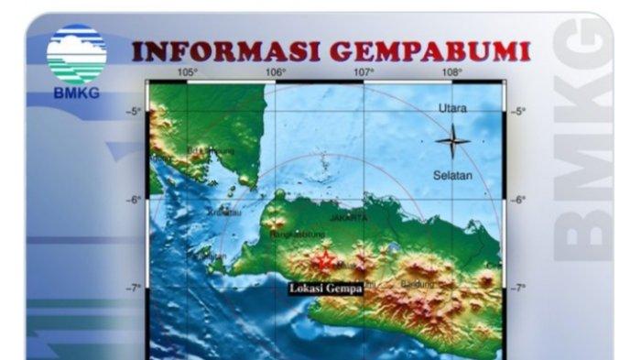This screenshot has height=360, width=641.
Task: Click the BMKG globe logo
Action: pos(76,55)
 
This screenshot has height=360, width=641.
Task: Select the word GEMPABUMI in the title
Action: pos(436,51)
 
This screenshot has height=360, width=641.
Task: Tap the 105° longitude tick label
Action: pos(188,72)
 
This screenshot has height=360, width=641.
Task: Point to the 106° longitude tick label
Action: pos(277,72)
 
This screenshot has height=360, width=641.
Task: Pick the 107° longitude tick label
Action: pos(364,72)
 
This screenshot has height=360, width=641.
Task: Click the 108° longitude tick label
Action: pos(451,72)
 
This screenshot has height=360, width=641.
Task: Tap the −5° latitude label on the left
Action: pos(134,112)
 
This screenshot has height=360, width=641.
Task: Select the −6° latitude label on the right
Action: pos(518,200)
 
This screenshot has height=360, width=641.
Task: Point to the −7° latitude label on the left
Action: pos(134,288)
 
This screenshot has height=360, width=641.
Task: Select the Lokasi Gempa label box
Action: pos(325,289)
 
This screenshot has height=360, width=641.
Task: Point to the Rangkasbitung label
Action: pos(294,235)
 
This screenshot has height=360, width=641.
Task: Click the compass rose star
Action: pos(452,141)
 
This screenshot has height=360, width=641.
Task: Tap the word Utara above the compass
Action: pos(452,108)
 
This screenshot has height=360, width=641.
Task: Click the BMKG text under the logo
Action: pos(76,93)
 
